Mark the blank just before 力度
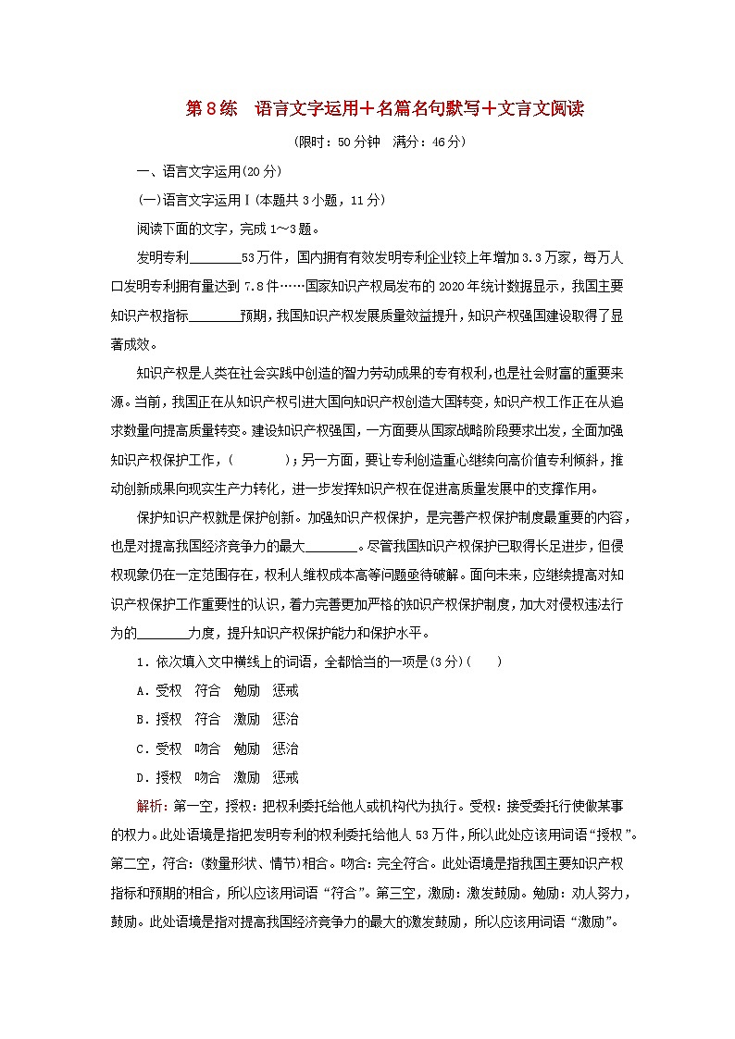click(162, 633)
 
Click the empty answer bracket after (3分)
click(486, 662)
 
